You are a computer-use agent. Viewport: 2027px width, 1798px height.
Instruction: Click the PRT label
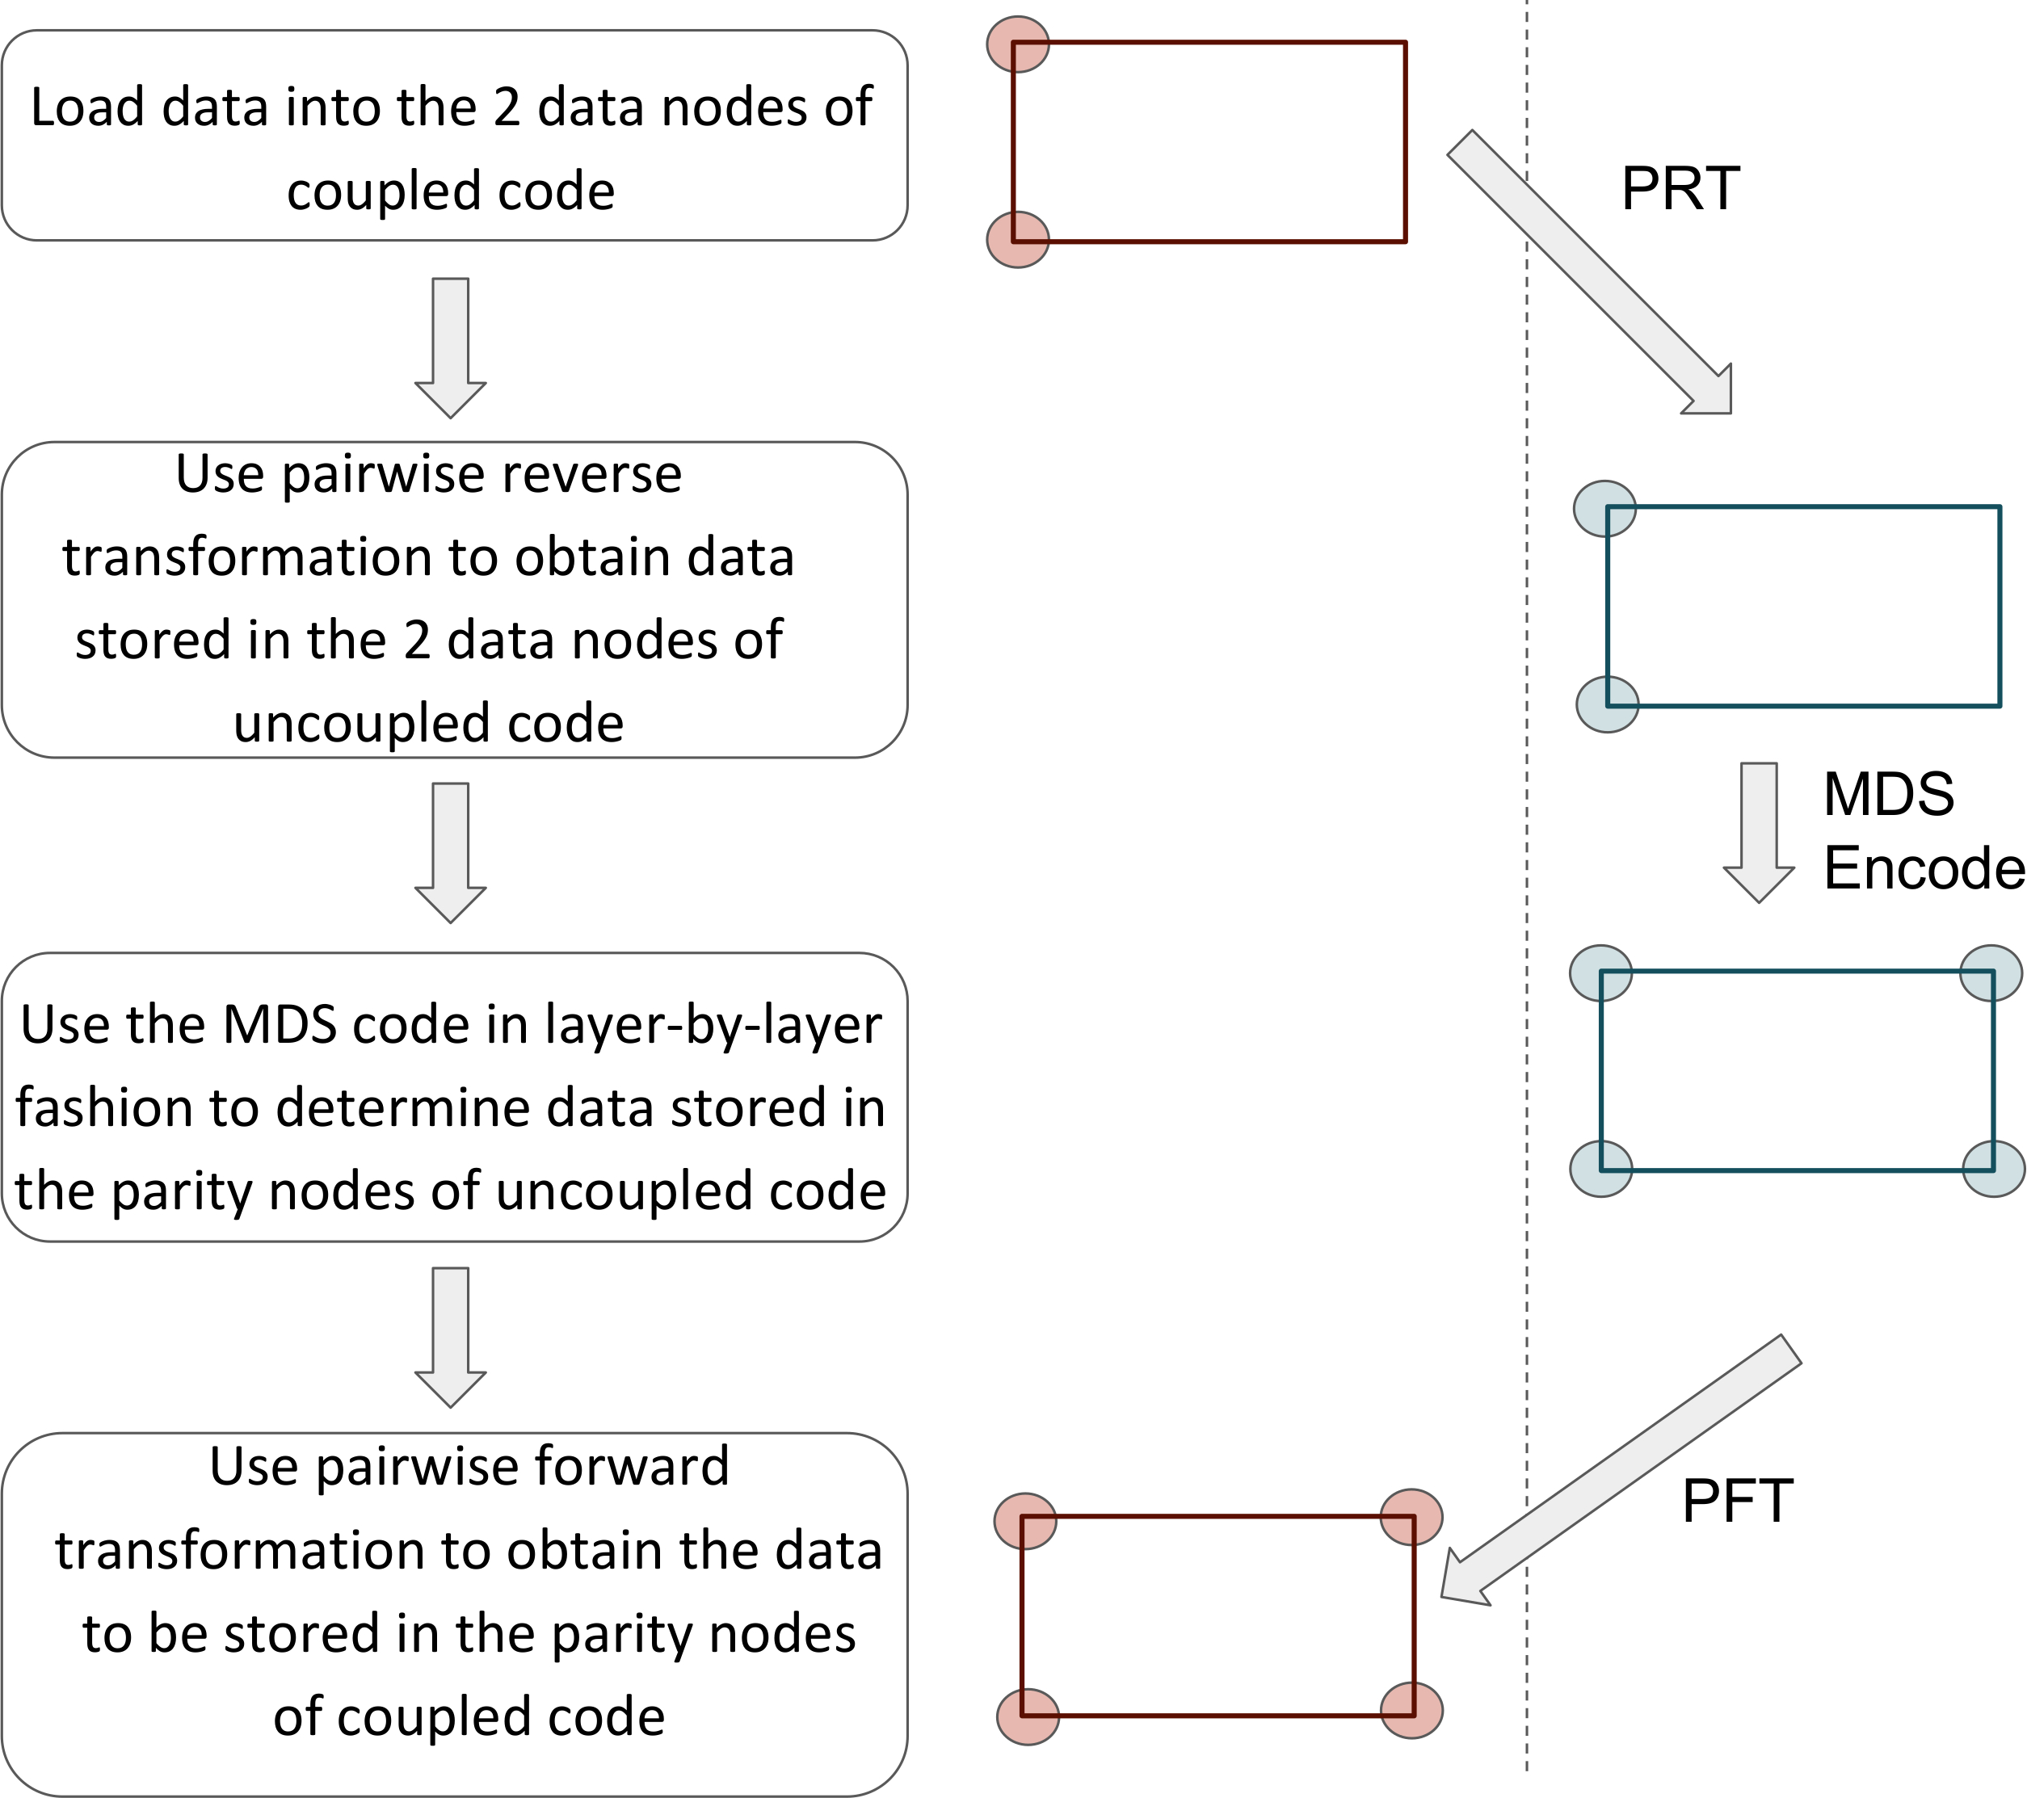tap(1680, 187)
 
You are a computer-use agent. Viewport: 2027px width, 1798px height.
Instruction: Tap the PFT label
tap(1738, 1501)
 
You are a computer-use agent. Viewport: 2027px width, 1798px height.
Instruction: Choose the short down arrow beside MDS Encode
tap(1758, 833)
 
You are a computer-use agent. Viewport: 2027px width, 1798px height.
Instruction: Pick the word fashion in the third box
tap(104, 1107)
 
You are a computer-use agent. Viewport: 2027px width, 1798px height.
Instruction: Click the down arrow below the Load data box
tap(450, 348)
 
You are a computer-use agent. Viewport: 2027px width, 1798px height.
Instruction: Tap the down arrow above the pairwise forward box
tap(450, 1337)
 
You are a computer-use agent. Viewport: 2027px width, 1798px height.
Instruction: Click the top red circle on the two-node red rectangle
tap(1017, 44)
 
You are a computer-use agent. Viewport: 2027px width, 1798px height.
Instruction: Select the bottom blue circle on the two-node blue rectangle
tap(1607, 704)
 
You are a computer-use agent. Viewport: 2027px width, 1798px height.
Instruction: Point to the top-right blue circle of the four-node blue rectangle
tap(1991, 973)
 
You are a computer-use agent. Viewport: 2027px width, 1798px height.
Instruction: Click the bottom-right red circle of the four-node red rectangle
tap(1411, 1711)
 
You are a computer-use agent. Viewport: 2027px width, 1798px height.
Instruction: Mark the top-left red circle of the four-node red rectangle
tap(1025, 1521)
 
